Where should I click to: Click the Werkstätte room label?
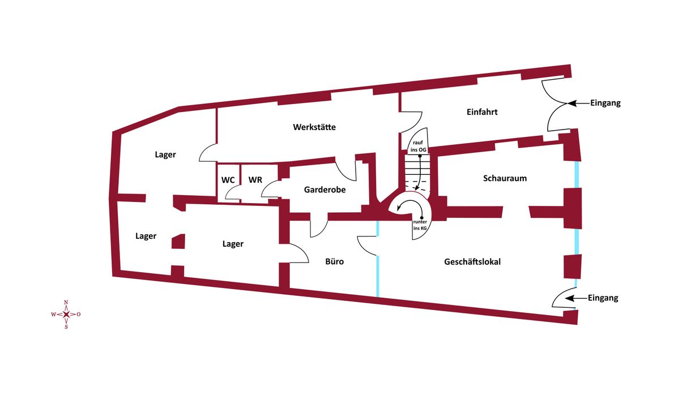point(314,127)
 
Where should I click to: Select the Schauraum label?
point(505,178)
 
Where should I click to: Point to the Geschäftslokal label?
point(472,262)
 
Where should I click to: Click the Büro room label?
point(334,262)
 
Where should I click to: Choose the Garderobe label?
point(325,190)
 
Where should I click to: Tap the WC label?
point(228,180)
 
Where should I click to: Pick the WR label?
point(255,180)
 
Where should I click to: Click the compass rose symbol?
point(66,315)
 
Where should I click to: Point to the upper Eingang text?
point(605,103)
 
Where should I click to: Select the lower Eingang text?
point(603,298)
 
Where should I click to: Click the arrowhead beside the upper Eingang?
point(572,104)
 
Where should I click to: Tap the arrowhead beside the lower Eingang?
point(570,298)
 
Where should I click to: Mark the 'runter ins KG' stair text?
point(420,225)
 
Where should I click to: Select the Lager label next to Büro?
point(233,244)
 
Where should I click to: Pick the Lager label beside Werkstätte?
point(165,154)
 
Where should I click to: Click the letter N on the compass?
point(66,303)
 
